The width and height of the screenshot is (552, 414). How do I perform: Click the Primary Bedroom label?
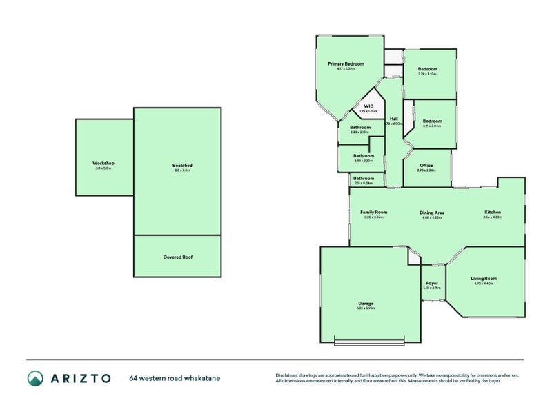(x=346, y=63)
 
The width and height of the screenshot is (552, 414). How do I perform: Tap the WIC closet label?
(x=368, y=106)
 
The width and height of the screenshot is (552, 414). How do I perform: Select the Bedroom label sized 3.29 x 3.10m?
(x=427, y=69)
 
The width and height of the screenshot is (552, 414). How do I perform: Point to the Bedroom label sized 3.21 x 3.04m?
(x=432, y=121)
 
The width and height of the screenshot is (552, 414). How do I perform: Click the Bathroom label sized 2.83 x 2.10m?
(x=359, y=128)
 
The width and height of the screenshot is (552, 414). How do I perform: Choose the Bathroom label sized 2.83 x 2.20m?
(x=363, y=156)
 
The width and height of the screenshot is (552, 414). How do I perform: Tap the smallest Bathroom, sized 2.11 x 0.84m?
(x=363, y=179)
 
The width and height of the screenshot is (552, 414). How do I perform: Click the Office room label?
(x=426, y=166)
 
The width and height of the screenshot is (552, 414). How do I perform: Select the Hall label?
(x=393, y=119)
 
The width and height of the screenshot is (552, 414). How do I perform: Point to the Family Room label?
(x=373, y=212)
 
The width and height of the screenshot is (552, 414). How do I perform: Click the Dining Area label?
(x=432, y=213)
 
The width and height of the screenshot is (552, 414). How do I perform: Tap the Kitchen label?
(x=493, y=212)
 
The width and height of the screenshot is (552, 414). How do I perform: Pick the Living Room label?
(x=484, y=279)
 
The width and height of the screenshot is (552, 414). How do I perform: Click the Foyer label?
(x=432, y=284)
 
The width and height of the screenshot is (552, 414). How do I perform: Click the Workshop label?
(x=103, y=163)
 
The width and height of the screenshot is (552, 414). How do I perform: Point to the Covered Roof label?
(x=177, y=257)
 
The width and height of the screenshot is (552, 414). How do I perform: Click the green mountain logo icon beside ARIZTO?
(x=35, y=377)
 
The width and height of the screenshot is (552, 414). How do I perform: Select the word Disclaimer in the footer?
(x=288, y=375)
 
